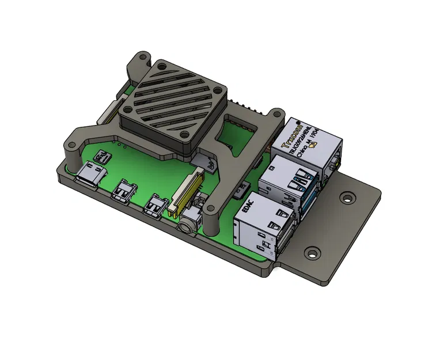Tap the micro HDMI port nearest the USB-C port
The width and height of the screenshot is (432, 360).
pyautogui.click(x=125, y=191)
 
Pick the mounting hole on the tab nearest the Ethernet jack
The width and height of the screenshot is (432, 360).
pyautogui.click(x=347, y=198)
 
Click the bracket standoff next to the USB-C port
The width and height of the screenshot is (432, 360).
pyautogui.click(x=72, y=154)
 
